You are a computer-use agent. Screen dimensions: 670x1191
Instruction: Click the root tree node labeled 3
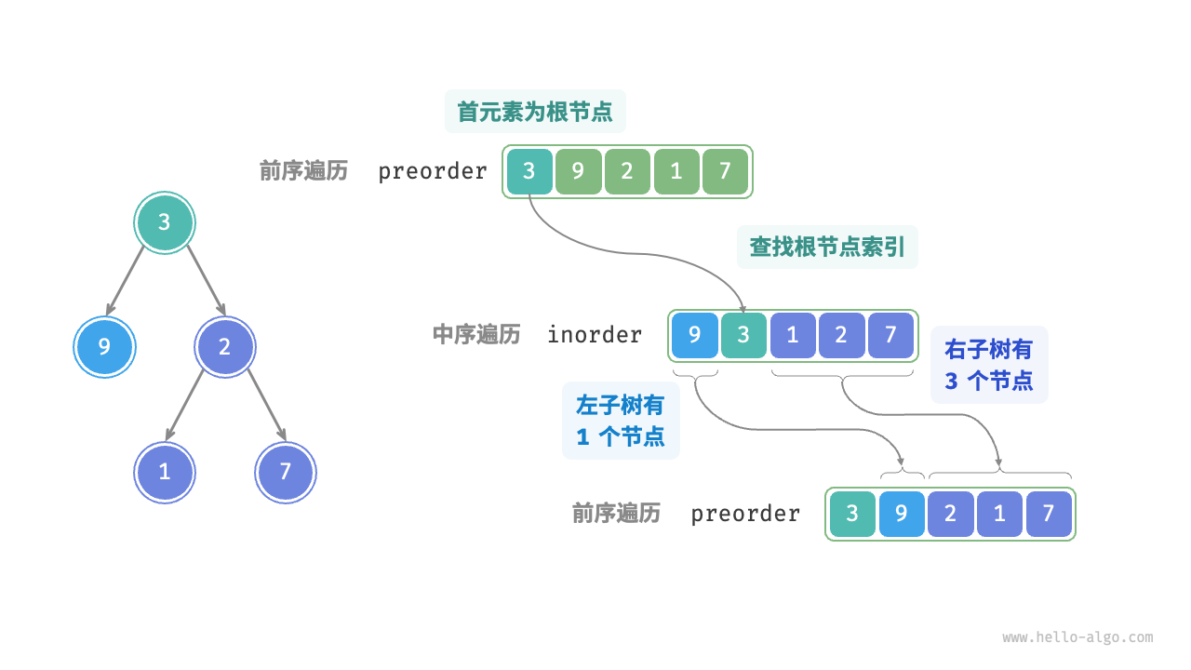click(x=165, y=222)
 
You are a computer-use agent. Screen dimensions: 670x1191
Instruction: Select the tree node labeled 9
click(x=104, y=347)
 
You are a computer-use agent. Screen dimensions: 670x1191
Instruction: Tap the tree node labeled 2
click(x=224, y=347)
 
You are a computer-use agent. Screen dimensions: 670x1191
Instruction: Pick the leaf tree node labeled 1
click(x=165, y=472)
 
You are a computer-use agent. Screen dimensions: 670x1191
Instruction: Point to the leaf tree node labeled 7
click(x=286, y=472)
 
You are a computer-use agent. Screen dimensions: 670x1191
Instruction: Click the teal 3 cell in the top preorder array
click(x=529, y=171)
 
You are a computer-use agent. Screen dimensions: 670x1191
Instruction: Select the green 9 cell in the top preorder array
click(x=579, y=171)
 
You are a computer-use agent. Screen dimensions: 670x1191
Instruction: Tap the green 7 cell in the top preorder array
click(x=726, y=171)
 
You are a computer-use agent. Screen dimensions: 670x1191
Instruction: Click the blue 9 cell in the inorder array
click(x=694, y=335)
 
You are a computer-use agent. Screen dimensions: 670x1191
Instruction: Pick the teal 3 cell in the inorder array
click(x=743, y=335)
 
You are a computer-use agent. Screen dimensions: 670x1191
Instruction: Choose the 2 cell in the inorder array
click(x=841, y=335)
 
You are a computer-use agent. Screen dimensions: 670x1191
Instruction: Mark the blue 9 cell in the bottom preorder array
click(x=901, y=514)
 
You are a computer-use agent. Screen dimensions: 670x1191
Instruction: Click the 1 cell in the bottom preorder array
click(x=999, y=514)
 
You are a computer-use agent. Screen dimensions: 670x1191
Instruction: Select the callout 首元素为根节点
click(x=535, y=112)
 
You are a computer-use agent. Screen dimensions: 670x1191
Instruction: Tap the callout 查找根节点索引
click(x=827, y=247)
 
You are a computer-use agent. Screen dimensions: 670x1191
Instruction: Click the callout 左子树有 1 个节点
click(x=621, y=421)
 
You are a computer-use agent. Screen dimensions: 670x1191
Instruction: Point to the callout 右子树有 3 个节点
click(x=989, y=365)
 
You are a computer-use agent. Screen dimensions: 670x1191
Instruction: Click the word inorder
click(x=595, y=335)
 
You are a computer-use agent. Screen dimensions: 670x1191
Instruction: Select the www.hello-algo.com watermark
click(x=1077, y=637)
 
